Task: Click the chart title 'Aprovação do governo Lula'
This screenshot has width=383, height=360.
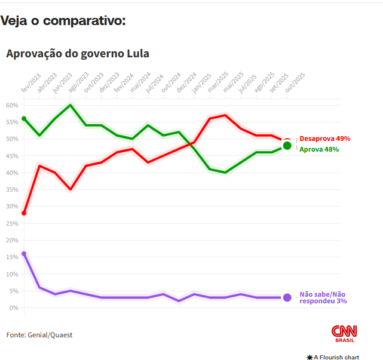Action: (x=78, y=54)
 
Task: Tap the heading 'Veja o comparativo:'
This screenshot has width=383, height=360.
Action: (x=63, y=21)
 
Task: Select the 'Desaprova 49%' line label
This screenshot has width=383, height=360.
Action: (x=324, y=139)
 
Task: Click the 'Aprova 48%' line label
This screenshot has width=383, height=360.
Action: (x=318, y=149)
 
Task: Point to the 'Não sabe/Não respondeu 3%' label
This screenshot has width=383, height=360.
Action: (x=323, y=297)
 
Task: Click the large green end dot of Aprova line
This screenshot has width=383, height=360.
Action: (x=287, y=146)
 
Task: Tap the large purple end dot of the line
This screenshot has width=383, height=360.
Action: (x=287, y=297)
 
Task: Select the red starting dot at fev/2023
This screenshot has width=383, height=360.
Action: (x=24, y=213)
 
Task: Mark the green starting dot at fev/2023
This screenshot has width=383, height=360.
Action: (x=24, y=119)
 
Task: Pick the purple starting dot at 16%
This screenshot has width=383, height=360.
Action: (x=24, y=254)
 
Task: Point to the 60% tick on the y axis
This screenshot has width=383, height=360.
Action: (x=12, y=105)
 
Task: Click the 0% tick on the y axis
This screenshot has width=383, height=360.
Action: (x=13, y=307)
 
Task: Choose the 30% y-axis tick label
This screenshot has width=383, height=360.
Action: (x=12, y=207)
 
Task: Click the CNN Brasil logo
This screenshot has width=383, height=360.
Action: (x=344, y=334)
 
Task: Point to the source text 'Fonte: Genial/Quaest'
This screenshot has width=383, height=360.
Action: (x=39, y=335)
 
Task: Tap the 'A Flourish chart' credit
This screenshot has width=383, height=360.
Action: (x=333, y=357)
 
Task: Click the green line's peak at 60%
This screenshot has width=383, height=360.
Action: (x=71, y=105)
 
